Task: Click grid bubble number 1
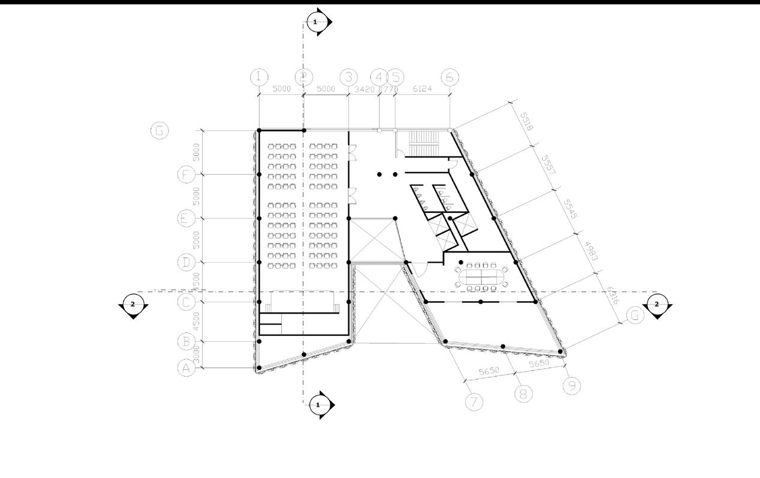pos(258,77)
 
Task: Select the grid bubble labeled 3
pos(348,77)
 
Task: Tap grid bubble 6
pos(450,77)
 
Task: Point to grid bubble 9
pos(572,386)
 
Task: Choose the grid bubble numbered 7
pos(474,402)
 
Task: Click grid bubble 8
pos(523,393)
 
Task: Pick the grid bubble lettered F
pos(186,175)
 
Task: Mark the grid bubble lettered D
pos(186,263)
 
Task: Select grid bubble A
pos(186,368)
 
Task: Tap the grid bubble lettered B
pos(186,342)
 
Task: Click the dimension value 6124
pos(423,89)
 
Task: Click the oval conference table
pos(481,277)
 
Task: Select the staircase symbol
pos(424,144)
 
